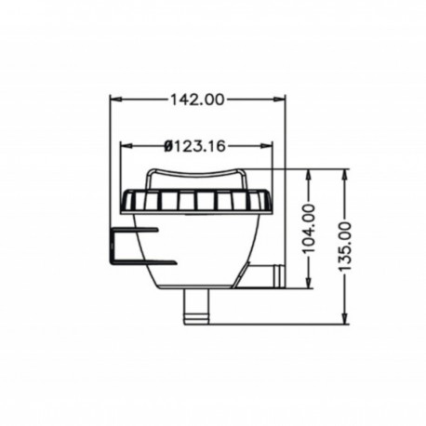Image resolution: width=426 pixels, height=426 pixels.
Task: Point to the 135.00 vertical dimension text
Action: click(x=347, y=244)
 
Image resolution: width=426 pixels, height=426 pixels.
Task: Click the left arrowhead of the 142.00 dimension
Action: click(x=114, y=99)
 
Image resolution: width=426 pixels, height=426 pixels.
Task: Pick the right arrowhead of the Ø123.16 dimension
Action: click(x=271, y=145)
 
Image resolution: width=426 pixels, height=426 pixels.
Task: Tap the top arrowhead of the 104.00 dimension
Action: click(x=310, y=174)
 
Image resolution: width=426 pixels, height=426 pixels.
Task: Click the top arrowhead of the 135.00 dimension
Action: click(x=347, y=174)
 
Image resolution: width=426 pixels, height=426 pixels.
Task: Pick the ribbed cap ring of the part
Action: click(x=195, y=200)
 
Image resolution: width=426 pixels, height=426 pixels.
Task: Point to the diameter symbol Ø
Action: click(x=167, y=145)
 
